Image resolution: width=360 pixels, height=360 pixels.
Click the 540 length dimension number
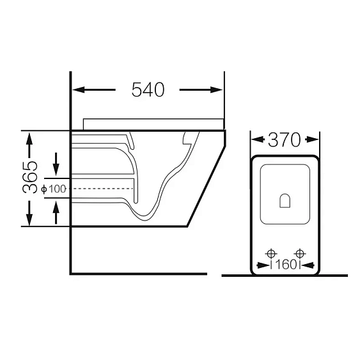click(148, 90)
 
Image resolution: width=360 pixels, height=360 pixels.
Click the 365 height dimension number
click(30, 177)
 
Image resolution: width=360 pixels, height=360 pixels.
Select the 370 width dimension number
click(284, 139)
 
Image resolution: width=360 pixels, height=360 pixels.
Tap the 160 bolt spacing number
click(286, 265)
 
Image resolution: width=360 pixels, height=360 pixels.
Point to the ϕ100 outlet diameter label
click(54, 189)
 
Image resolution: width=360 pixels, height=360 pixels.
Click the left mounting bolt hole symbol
click(271, 254)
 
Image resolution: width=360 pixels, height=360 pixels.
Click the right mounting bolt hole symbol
click(300, 254)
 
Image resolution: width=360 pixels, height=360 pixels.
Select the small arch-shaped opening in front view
click(285, 201)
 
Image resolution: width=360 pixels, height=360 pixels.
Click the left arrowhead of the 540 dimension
click(78, 90)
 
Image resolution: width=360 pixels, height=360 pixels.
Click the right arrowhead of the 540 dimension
click(217, 90)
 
